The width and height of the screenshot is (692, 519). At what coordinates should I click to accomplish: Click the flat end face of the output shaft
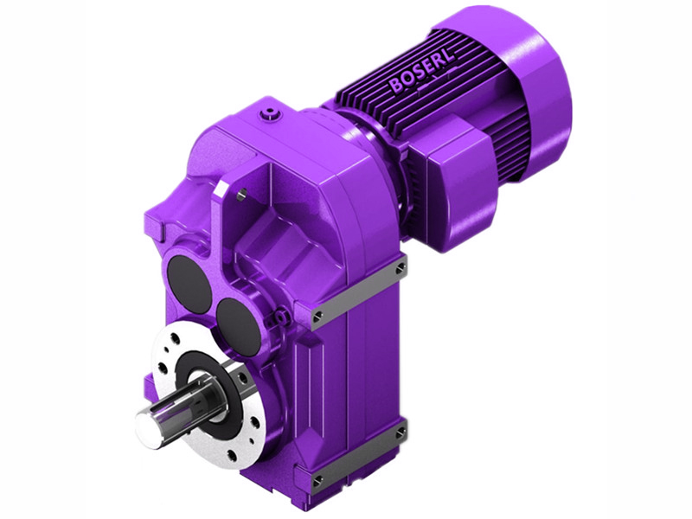point(147,426)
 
